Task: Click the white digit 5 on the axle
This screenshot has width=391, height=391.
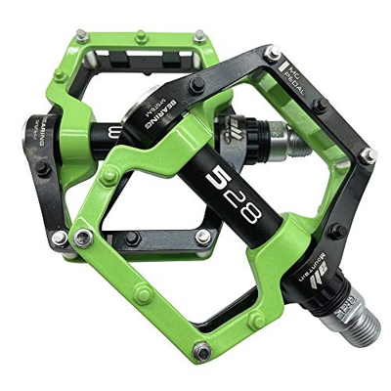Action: click(217, 179)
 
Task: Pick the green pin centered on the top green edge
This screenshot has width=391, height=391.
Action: click(143, 36)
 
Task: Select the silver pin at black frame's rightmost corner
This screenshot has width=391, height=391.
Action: click(369, 154)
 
